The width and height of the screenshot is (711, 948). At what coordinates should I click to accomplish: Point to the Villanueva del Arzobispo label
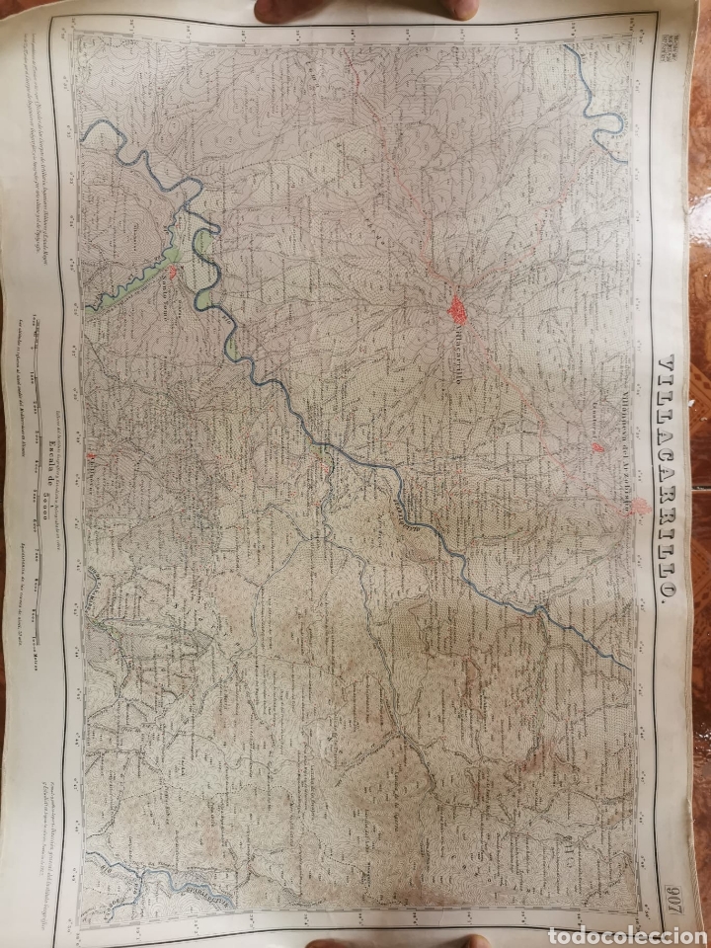pos(624,434)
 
